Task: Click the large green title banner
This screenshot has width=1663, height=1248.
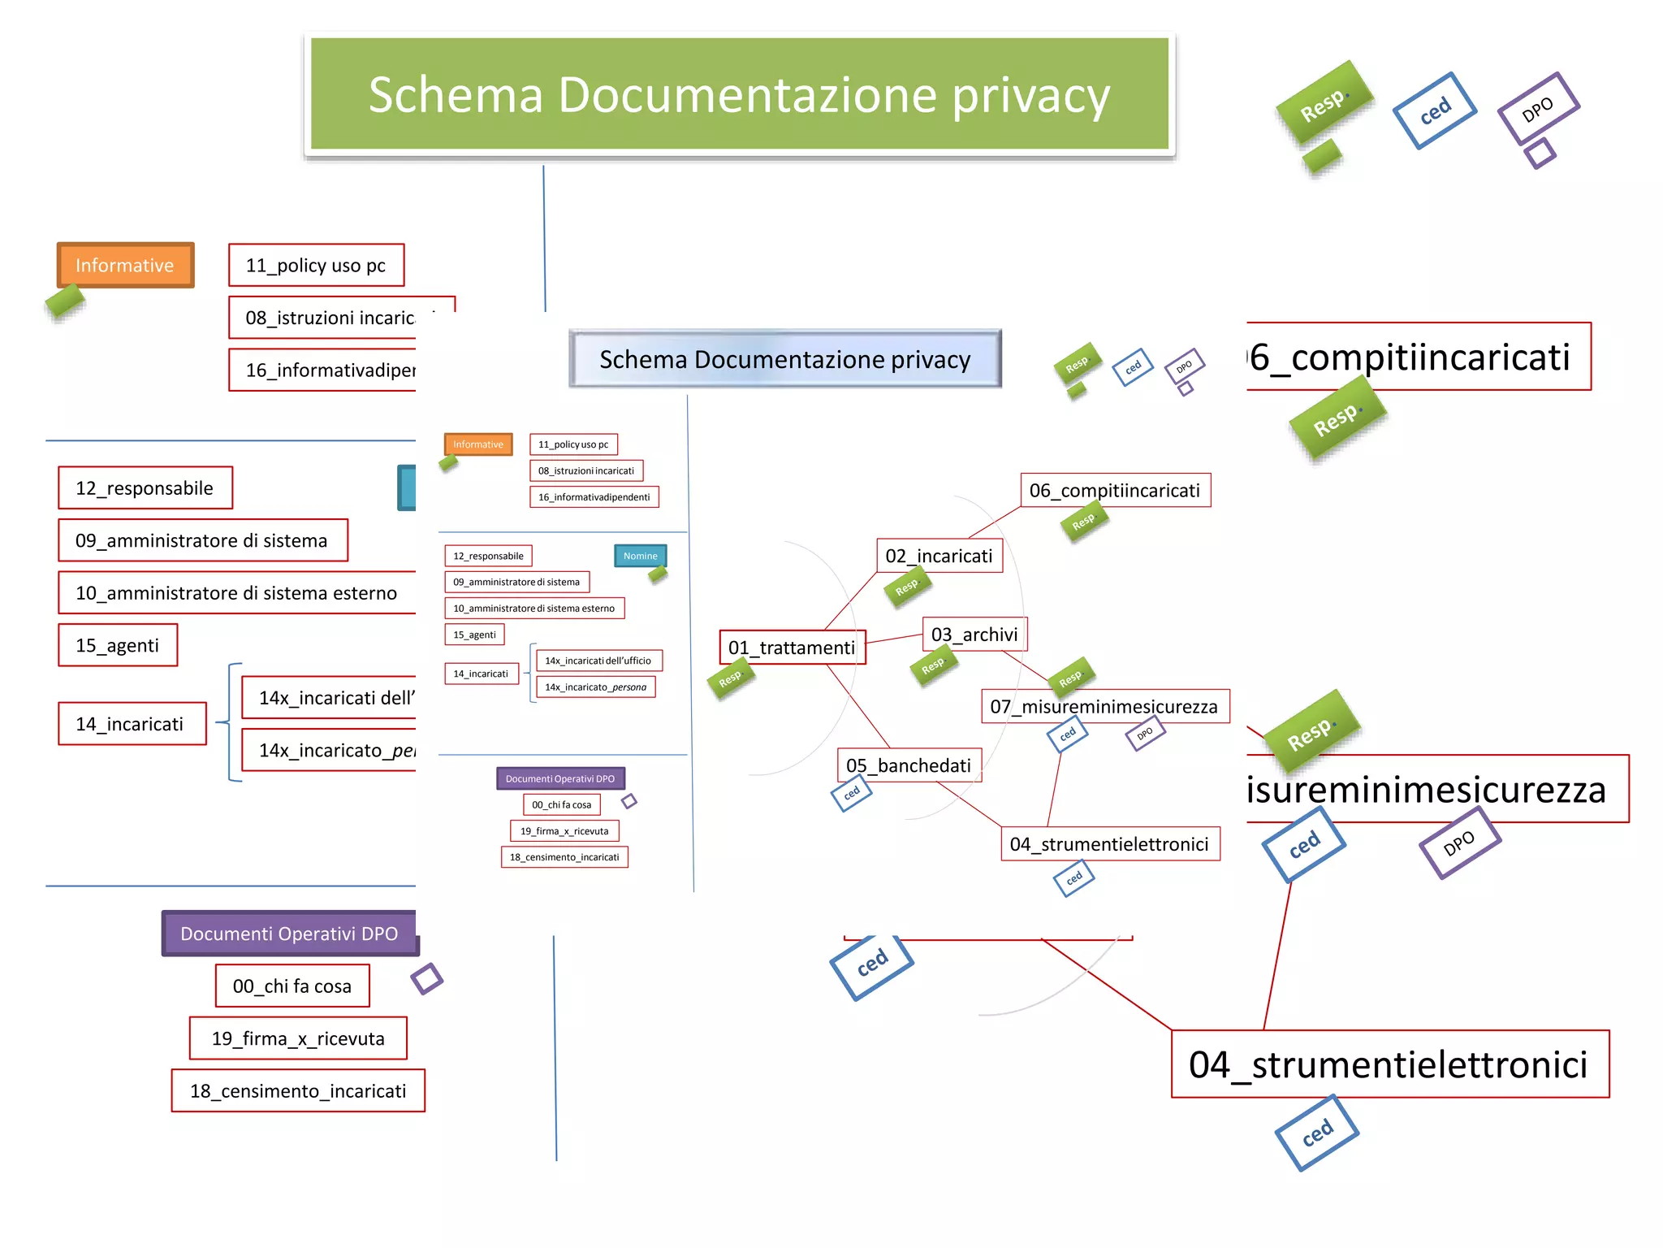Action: pyautogui.click(x=739, y=93)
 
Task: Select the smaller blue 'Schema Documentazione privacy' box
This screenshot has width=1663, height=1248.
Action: pyautogui.click(x=784, y=359)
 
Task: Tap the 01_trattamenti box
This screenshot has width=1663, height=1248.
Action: pyautogui.click(x=792, y=648)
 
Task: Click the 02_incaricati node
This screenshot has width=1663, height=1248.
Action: pyautogui.click(x=939, y=556)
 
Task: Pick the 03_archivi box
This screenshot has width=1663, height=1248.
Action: pyautogui.click(x=974, y=635)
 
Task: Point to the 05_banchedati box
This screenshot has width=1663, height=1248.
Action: pyautogui.click(x=908, y=765)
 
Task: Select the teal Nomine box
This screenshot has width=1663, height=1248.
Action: pyautogui.click(x=640, y=556)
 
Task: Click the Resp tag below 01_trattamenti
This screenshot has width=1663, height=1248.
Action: pyautogui.click(x=731, y=678)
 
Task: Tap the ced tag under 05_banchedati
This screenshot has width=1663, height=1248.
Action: pyautogui.click(x=851, y=793)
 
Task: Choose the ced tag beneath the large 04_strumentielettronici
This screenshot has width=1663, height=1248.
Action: pyautogui.click(x=1317, y=1133)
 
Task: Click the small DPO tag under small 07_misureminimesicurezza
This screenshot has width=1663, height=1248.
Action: pyautogui.click(x=1145, y=734)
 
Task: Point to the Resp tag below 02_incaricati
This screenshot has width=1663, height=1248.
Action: pyautogui.click(x=907, y=587)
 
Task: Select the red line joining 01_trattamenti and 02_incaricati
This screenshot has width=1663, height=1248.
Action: pyautogui.click(x=851, y=600)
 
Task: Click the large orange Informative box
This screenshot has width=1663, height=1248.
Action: pyautogui.click(x=125, y=265)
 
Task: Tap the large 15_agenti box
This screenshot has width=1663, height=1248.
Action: pyautogui.click(x=118, y=645)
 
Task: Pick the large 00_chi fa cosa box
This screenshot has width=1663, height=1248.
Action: pyautogui.click(x=292, y=986)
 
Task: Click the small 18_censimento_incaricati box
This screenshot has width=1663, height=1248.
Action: pyautogui.click(x=564, y=857)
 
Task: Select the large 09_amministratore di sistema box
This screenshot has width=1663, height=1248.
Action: pyautogui.click(x=202, y=540)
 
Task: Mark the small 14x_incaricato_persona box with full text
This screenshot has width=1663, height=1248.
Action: pyautogui.click(x=595, y=687)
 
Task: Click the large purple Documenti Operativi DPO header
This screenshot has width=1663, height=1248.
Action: pyautogui.click(x=289, y=934)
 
